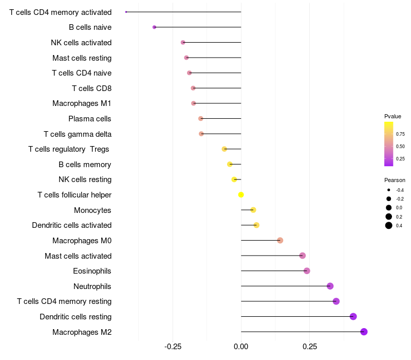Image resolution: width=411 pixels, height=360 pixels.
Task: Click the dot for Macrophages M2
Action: [x=364, y=332]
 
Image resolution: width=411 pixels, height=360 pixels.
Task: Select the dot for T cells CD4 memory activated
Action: [x=126, y=12]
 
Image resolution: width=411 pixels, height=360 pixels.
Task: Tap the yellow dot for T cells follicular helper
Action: [x=241, y=195]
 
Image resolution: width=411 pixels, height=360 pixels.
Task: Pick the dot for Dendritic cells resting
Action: [x=353, y=316]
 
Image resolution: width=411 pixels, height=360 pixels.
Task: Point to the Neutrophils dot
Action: [x=330, y=286]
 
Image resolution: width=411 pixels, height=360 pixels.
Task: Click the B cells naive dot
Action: [x=154, y=27]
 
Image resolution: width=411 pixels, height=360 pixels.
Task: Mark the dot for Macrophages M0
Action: [x=280, y=240]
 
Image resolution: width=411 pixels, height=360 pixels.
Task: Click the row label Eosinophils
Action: [x=92, y=271]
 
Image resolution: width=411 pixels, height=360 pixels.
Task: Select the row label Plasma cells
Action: [x=90, y=119]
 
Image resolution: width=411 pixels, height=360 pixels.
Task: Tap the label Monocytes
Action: [x=92, y=210]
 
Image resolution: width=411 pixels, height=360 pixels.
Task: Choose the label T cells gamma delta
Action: [x=78, y=134]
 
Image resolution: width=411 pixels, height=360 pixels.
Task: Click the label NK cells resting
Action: [x=85, y=179]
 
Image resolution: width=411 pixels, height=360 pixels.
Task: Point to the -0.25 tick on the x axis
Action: [x=172, y=347]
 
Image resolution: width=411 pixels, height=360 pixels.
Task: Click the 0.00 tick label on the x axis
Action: [x=241, y=347]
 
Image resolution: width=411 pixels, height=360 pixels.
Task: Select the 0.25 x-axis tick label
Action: [x=310, y=347]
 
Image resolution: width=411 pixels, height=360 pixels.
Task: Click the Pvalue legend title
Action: [x=393, y=116]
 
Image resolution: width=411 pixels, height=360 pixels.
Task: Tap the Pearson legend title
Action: [x=395, y=181]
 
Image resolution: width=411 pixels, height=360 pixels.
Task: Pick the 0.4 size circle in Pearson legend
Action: [x=389, y=225]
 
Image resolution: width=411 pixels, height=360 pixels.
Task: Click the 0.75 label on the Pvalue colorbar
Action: [x=400, y=134]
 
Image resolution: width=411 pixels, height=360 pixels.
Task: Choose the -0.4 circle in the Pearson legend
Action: [x=389, y=190]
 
